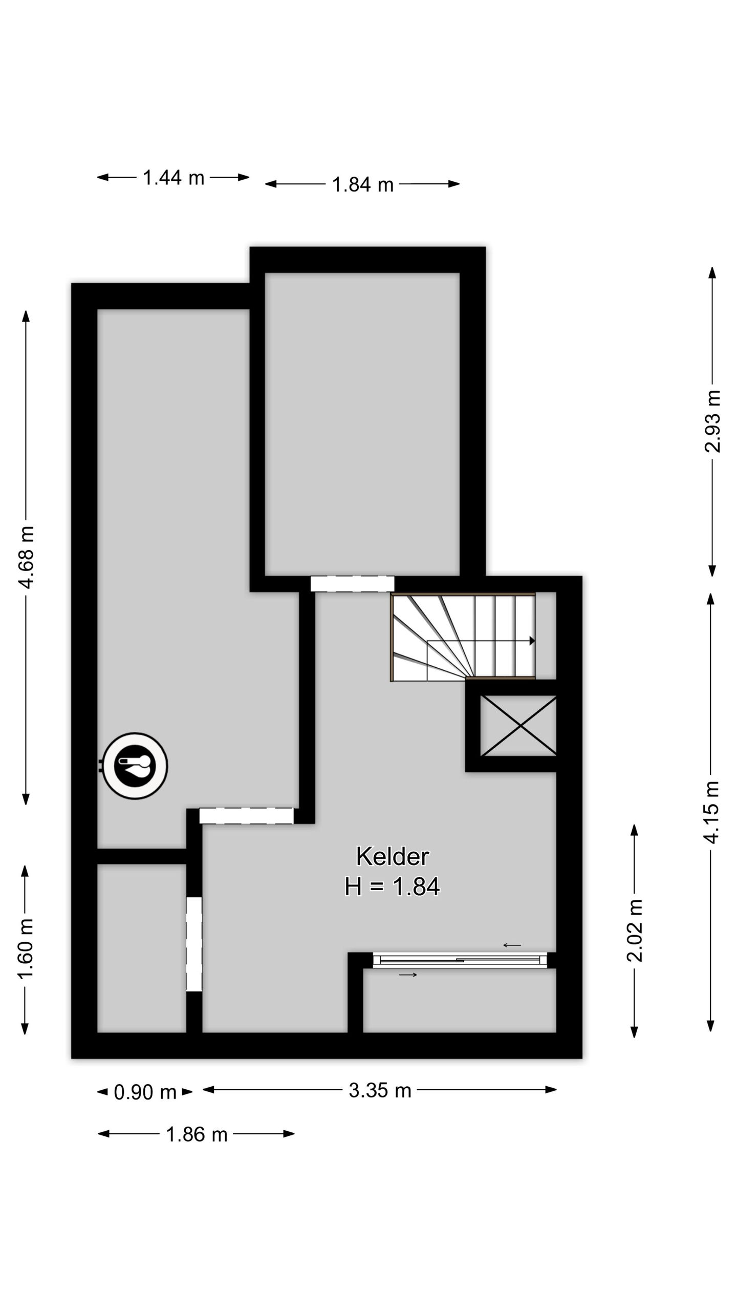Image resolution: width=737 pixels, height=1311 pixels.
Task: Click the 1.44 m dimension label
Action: (173, 178)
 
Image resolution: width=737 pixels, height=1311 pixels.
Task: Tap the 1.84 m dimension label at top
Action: (362, 184)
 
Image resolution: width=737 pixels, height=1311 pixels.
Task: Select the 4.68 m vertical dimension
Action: (26, 557)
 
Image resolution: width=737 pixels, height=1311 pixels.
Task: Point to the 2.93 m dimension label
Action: (712, 421)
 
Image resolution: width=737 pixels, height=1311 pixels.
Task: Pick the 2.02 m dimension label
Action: (635, 931)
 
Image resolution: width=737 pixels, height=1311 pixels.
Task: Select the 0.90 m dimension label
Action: (145, 1092)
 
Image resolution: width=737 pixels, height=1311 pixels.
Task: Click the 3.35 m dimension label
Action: (380, 1090)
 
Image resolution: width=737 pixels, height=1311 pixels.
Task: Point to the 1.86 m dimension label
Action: (197, 1134)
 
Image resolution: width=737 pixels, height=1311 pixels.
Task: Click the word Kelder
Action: (393, 856)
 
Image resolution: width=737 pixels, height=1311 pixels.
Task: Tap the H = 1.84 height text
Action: (392, 886)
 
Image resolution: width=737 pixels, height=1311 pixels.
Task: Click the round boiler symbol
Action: (135, 766)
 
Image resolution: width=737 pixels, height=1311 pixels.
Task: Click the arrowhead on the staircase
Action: (532, 641)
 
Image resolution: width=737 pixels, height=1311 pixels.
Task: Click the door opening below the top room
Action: (352, 584)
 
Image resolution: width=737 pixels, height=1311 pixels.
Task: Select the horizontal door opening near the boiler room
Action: (246, 816)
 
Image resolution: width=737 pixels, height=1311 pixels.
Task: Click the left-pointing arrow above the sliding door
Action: (512, 945)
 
